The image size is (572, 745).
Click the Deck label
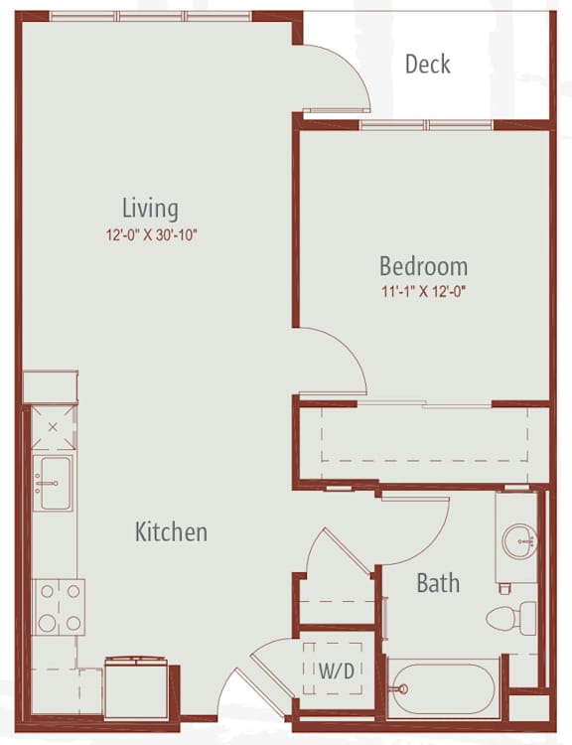point(428,65)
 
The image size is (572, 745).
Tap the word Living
point(151,209)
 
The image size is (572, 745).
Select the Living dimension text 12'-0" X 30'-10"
point(151,234)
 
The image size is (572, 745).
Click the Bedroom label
point(423,266)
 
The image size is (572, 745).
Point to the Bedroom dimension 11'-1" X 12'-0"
point(423,291)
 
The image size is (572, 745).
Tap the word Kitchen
point(171,531)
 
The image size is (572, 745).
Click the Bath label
point(438,583)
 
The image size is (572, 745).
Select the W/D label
point(337,670)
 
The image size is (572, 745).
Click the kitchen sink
point(53,483)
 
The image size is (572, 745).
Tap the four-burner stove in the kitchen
point(59,607)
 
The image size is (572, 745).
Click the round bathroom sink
point(519,541)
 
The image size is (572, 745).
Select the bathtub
point(444,688)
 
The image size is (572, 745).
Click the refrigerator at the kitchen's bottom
point(136,686)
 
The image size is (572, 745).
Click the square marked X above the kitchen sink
point(53,427)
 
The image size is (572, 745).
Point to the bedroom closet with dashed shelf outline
point(424,443)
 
